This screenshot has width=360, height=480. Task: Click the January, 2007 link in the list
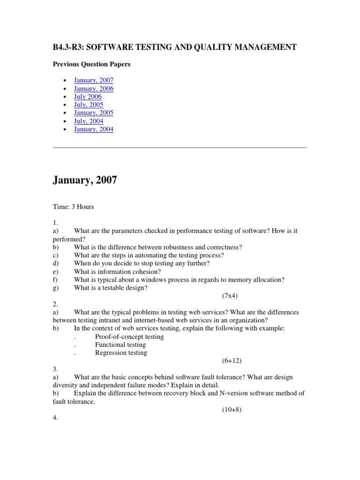(93, 81)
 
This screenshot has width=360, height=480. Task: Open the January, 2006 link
(93, 89)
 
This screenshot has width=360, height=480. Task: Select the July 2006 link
(88, 97)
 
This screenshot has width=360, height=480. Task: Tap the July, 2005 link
(89, 105)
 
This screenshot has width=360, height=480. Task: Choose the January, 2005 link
(93, 113)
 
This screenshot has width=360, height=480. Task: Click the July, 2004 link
(89, 121)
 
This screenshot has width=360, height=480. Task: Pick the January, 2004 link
(93, 129)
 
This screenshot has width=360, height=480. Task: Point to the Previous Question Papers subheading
(91, 64)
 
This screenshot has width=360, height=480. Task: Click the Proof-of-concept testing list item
(129, 337)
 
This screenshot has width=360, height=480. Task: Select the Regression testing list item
(121, 352)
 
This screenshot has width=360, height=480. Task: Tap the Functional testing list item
(120, 345)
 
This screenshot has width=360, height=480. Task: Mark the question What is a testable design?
(111, 288)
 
